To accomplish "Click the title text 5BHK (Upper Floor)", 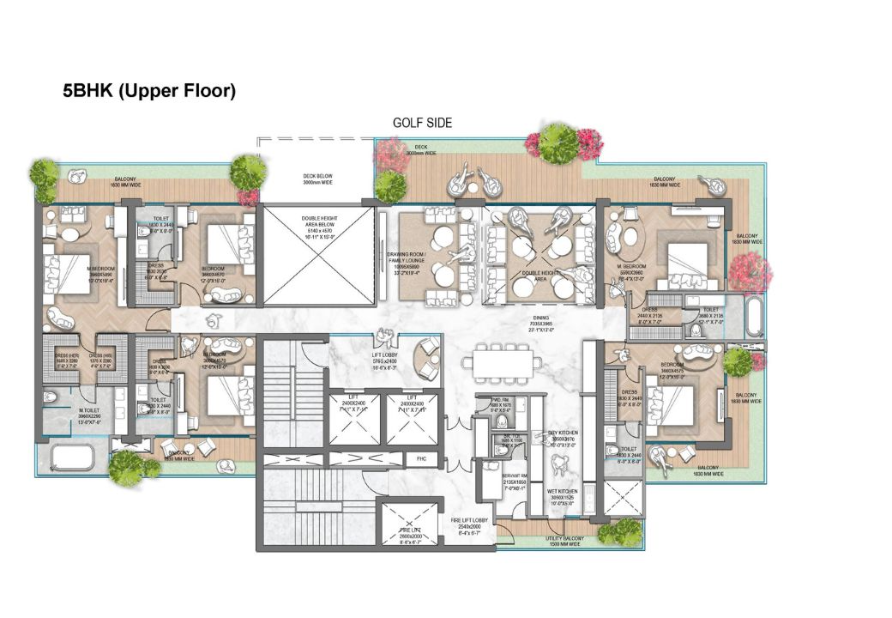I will [x=148, y=91].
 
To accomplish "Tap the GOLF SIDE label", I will [x=422, y=123].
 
